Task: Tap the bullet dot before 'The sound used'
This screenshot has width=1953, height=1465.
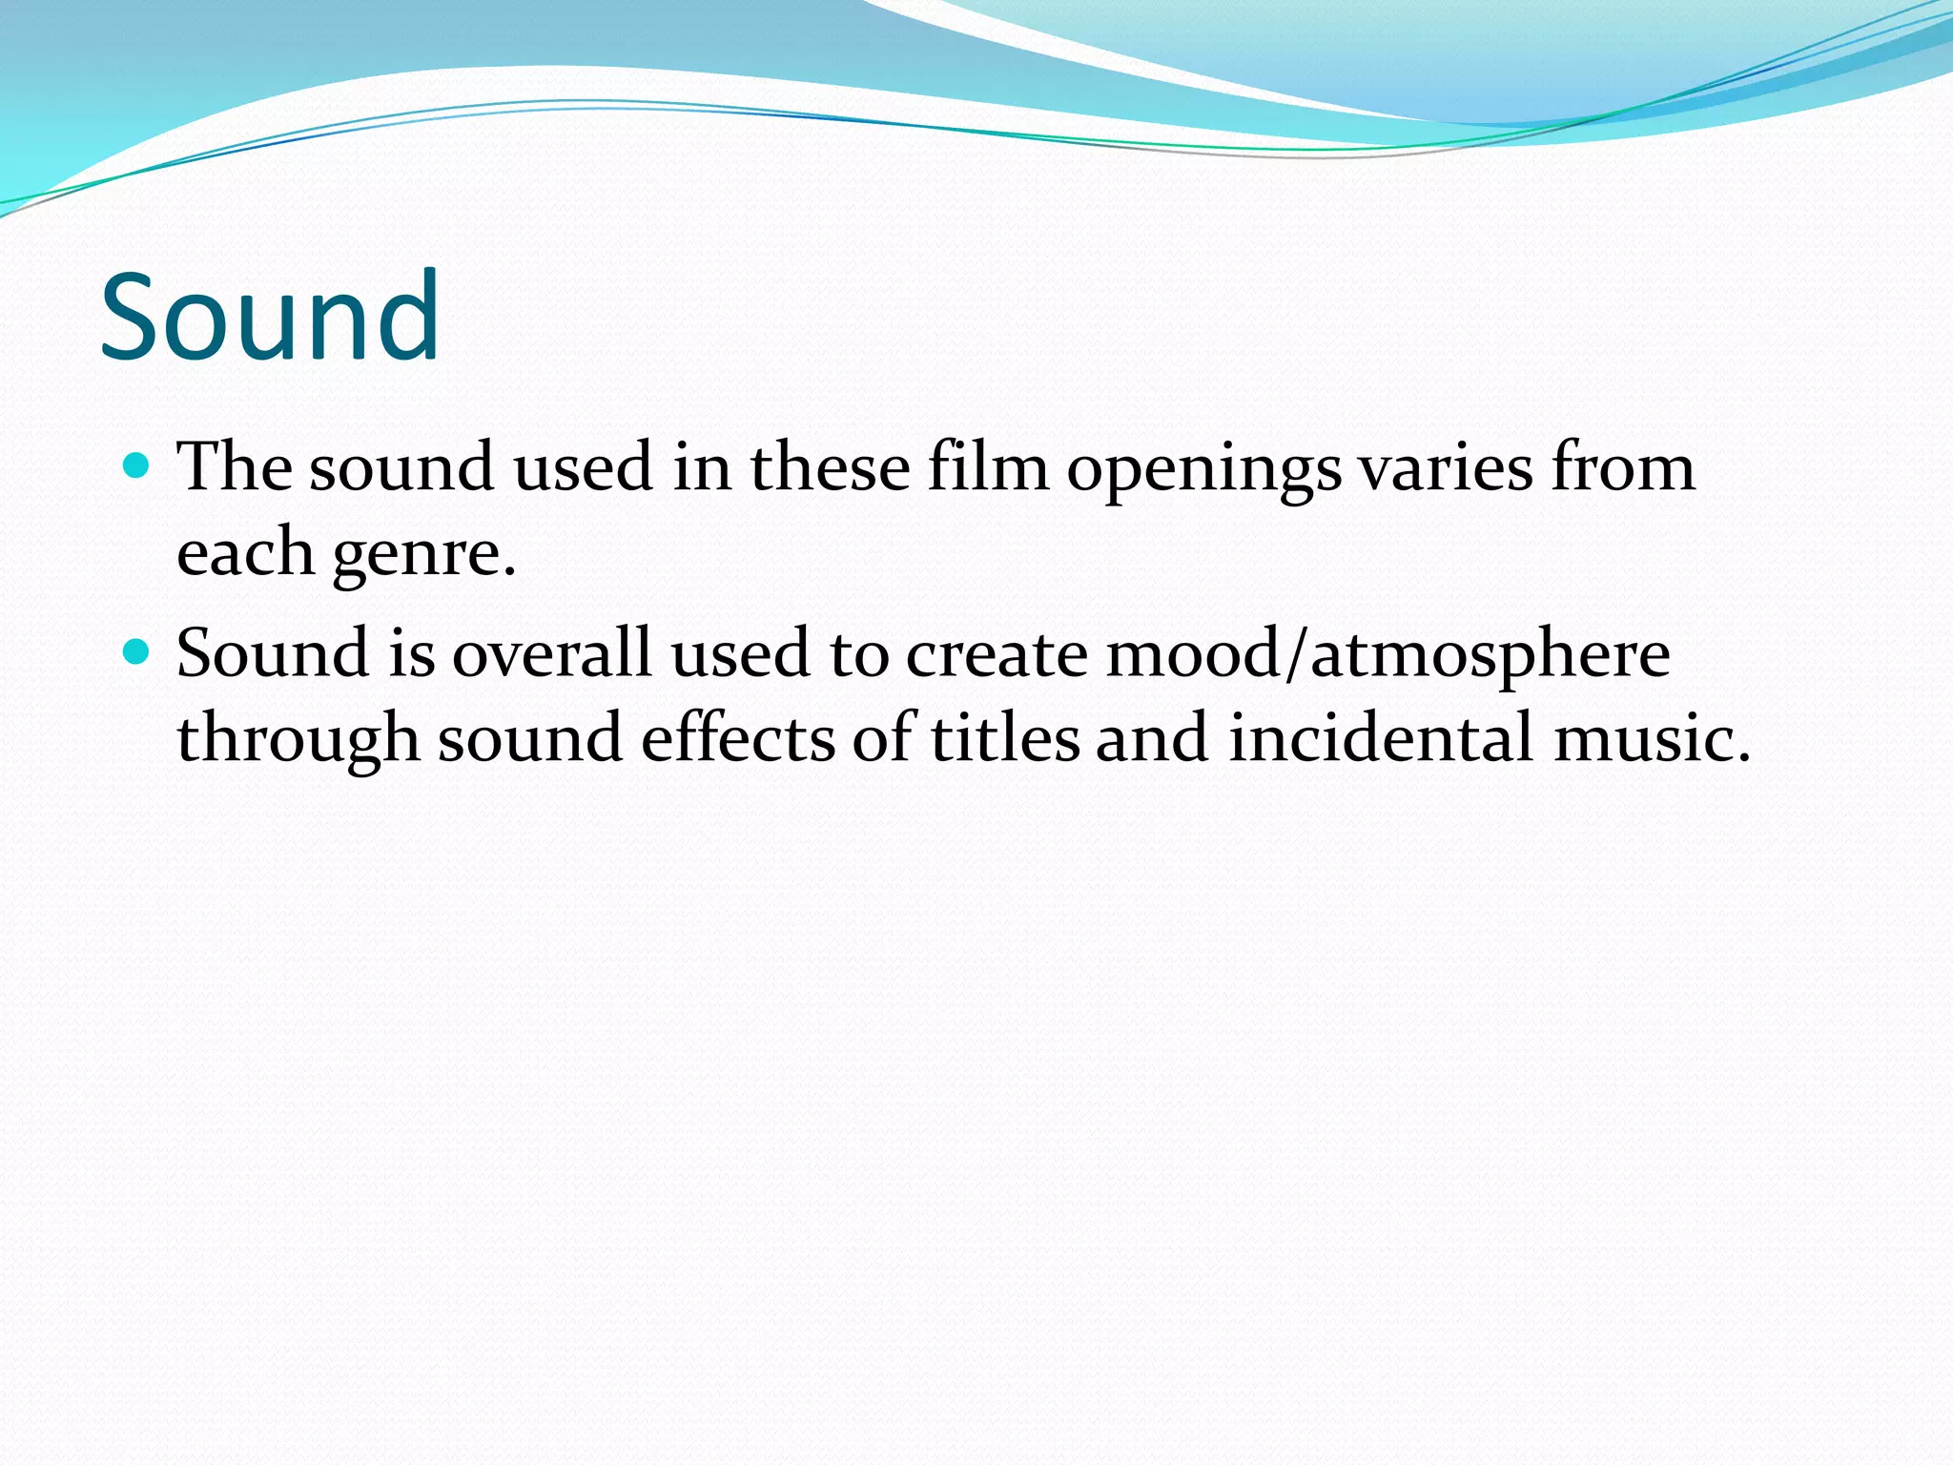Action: (137, 465)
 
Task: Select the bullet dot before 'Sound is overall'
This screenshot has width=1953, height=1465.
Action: (137, 652)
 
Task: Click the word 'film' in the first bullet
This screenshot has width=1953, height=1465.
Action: (988, 467)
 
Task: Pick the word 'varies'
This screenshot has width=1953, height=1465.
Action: (1444, 469)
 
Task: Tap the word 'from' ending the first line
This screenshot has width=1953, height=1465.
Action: (1623, 467)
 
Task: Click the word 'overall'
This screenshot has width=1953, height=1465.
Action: (551, 654)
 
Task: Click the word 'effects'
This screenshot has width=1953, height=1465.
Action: (737, 738)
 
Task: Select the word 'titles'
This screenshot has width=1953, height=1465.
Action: (1005, 738)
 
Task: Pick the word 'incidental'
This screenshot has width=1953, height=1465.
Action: (1382, 738)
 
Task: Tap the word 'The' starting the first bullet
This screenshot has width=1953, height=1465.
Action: (235, 467)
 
